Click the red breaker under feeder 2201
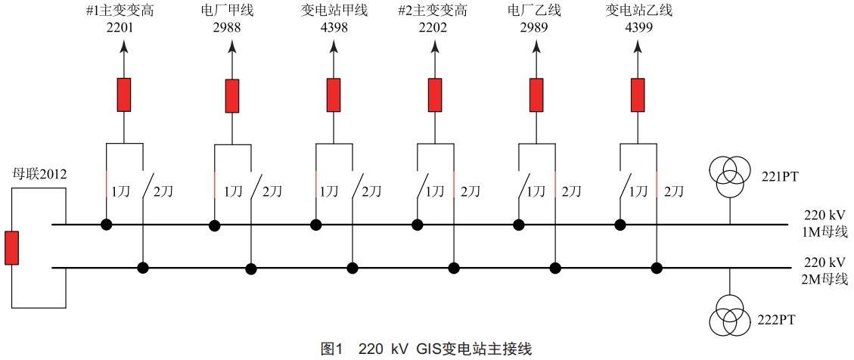(124, 95)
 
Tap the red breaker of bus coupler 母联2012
(12, 248)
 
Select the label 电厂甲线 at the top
(234, 11)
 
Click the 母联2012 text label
(39, 175)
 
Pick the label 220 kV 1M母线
(826, 223)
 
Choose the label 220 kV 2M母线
(826, 271)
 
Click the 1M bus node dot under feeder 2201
(106, 224)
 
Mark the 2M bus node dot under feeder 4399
(657, 268)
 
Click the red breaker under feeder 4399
(638, 95)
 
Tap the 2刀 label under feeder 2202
(470, 191)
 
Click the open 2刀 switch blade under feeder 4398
(359, 186)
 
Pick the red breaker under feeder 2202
(435, 95)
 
